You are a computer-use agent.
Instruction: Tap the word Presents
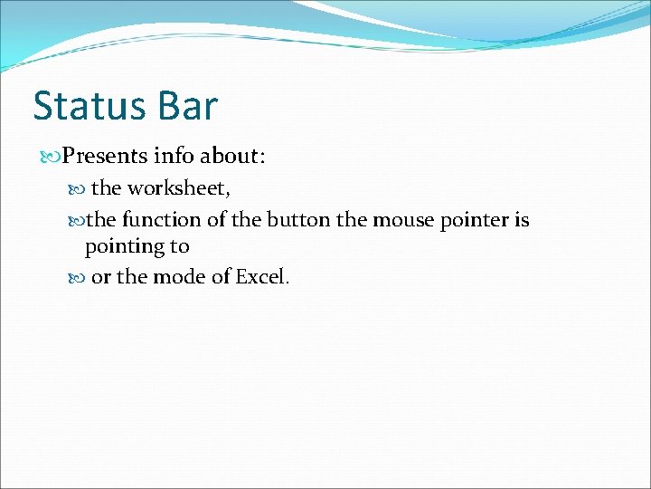(105, 156)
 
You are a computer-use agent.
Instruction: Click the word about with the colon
(232, 156)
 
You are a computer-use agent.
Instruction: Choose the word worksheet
(178, 188)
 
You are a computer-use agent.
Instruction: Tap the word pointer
(477, 221)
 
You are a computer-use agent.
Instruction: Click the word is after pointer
(523, 220)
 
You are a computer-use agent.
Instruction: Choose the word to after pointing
(179, 247)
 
